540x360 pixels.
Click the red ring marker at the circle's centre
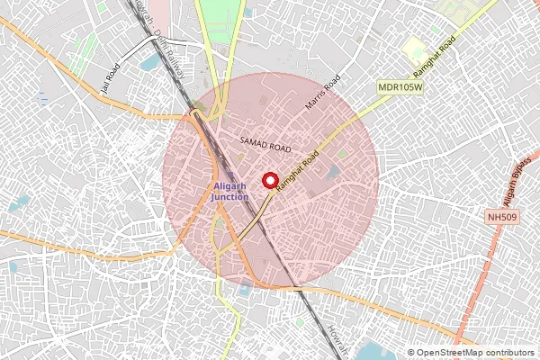[x=270, y=180]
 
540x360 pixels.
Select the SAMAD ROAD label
[x=265, y=145]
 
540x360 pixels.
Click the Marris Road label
[x=325, y=92]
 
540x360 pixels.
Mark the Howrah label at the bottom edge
[x=335, y=340]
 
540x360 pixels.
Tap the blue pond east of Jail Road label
[x=148, y=65]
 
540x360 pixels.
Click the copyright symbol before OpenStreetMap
[x=411, y=352]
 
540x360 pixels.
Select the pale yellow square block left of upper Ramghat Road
[x=415, y=50]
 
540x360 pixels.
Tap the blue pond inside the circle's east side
[x=333, y=171]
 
